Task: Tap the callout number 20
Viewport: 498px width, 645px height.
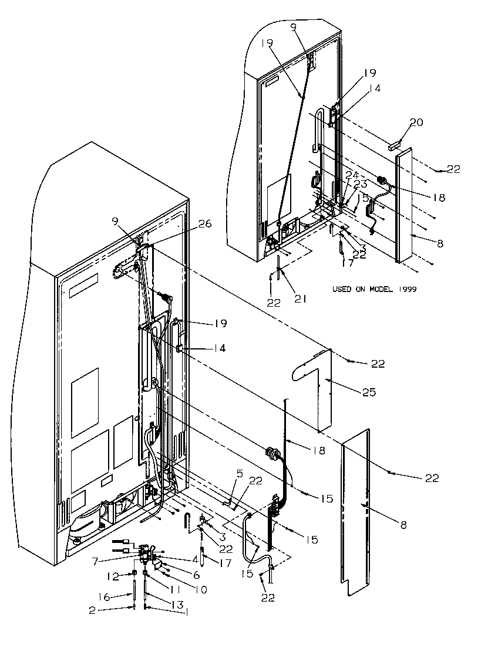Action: coord(416,123)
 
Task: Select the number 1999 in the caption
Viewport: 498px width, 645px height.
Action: coord(406,289)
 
